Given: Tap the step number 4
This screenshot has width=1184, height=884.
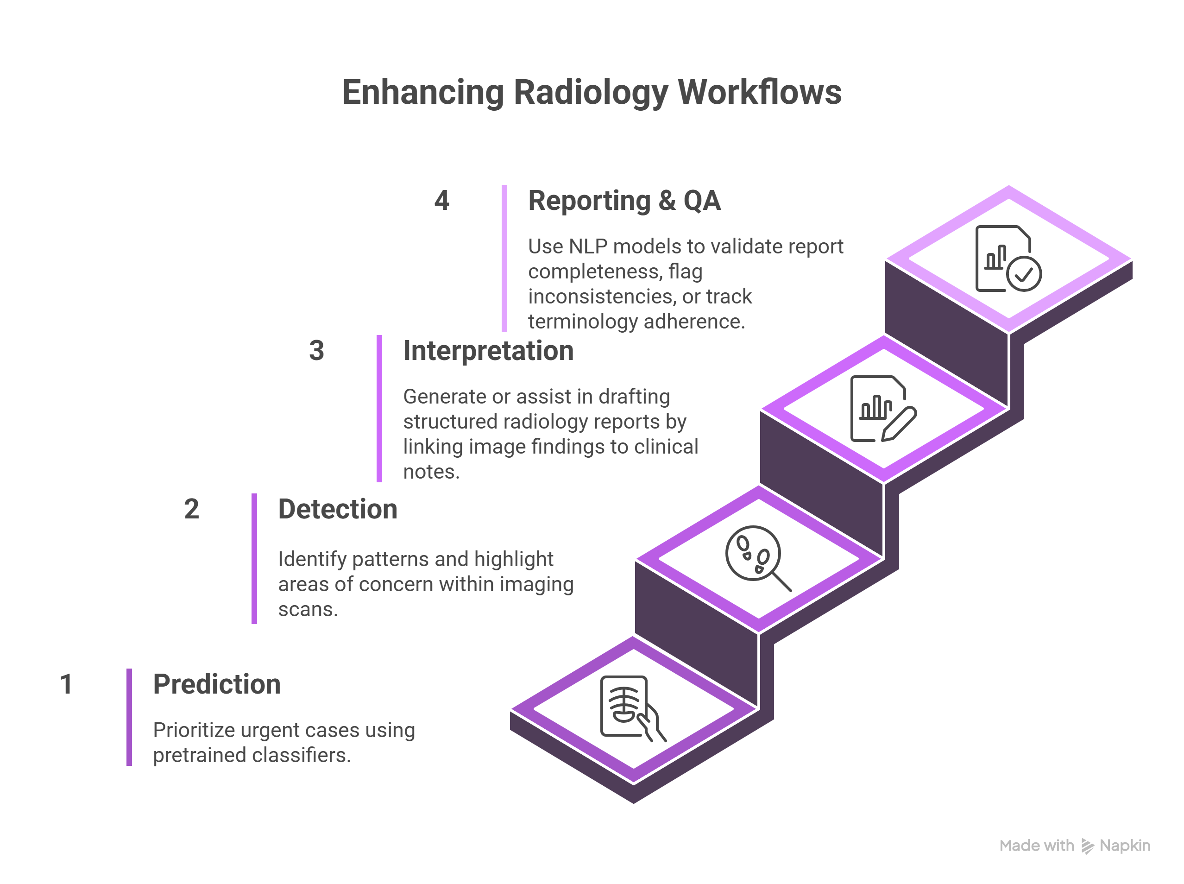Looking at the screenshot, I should pos(441,201).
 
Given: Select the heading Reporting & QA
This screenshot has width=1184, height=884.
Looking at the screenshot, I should pos(624,201).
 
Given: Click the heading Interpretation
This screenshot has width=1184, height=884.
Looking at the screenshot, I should pos(488,351).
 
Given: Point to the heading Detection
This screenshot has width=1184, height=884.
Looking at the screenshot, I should pos(338,509).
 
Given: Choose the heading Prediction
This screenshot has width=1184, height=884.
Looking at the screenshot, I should pos(217,684).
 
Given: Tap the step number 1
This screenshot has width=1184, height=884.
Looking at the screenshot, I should pos(66,684).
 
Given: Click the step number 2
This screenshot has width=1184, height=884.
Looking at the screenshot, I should pos(191,509).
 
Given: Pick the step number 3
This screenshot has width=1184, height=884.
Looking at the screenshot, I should pos(316,351).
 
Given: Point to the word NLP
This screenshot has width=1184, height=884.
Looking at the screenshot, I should pos(588,246).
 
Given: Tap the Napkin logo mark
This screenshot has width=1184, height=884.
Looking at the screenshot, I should pos(1087,846).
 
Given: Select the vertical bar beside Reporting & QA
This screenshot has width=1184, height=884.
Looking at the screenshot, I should pos(504,258).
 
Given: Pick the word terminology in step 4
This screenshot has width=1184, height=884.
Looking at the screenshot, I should pos(583,322).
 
